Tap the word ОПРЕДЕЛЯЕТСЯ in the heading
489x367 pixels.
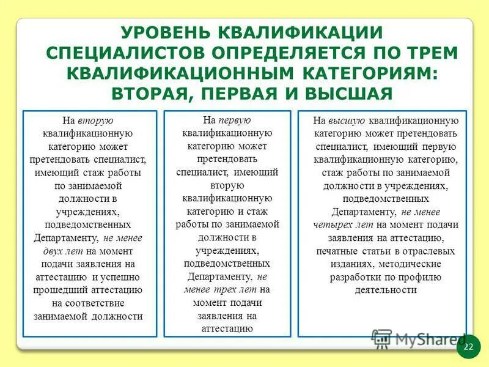tap(278, 53)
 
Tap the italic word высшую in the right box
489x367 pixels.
tap(350, 121)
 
